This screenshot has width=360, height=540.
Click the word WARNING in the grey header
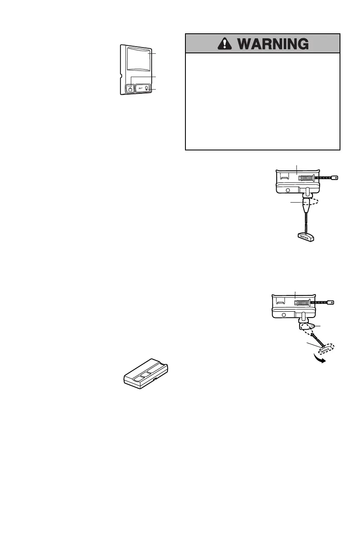pos(272,44)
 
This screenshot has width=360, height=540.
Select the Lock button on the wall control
pos(130,88)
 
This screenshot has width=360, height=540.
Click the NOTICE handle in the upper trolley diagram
pos(305,236)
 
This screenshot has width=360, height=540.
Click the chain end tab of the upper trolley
pos(333,178)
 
